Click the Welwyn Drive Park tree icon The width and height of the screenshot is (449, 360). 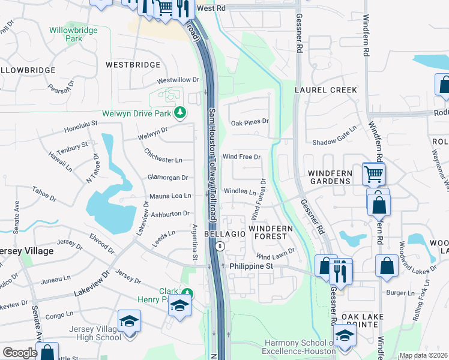click(179, 112)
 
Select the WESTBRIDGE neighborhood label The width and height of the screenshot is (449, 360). click(133, 65)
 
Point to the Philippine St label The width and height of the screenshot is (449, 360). click(248, 265)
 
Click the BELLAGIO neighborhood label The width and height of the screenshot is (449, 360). click(225, 234)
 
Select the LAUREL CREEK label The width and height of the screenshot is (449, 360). click(326, 90)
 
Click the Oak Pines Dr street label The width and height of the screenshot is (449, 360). click(250, 122)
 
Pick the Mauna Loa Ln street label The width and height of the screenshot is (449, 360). click(170, 196)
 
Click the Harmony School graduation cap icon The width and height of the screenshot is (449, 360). click(345, 336)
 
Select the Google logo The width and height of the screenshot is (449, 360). click(20, 353)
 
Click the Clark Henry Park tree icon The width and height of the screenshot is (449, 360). click(187, 293)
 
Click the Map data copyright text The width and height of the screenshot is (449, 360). click(423, 355)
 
